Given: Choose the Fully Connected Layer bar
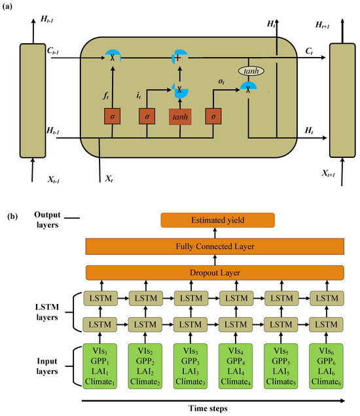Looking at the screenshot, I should (215, 246).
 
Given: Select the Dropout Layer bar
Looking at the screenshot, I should (215, 272).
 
